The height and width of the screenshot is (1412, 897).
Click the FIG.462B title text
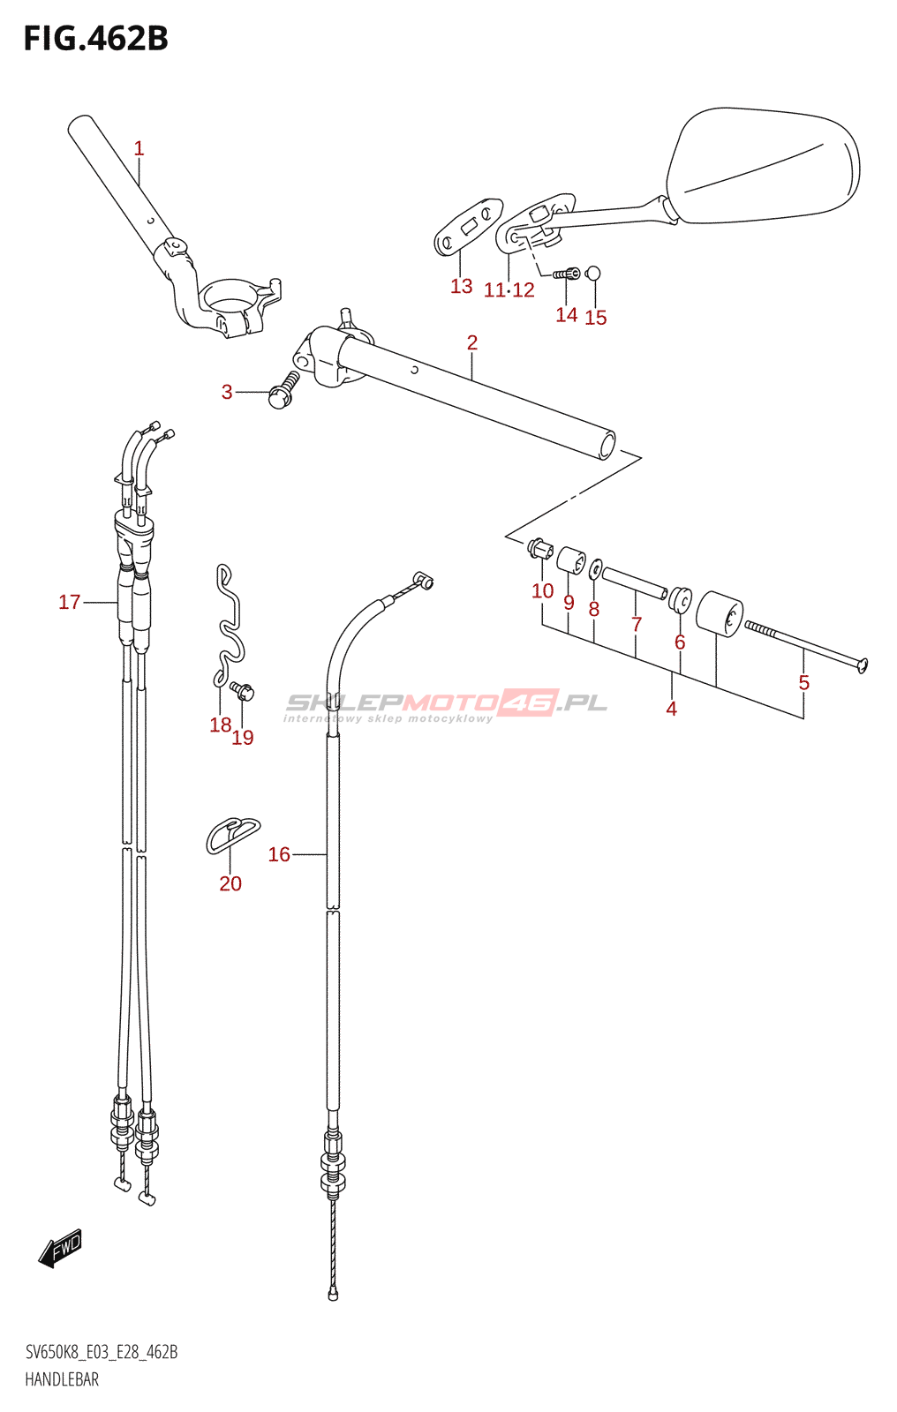click(95, 39)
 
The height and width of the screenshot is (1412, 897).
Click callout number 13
click(461, 286)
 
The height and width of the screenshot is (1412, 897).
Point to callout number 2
click(472, 342)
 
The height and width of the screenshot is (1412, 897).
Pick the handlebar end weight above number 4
click(720, 612)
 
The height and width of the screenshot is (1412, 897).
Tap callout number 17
click(69, 602)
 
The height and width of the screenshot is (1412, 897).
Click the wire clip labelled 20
click(233, 834)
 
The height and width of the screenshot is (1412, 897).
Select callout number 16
click(279, 854)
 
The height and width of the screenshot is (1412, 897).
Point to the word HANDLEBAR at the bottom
click(62, 1379)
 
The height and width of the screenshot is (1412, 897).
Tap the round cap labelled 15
click(593, 273)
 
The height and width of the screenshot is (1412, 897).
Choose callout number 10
click(542, 590)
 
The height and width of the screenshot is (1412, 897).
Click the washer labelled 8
click(596, 569)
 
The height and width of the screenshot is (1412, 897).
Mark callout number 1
click(139, 148)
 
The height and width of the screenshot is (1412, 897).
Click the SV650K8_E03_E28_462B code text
click(102, 1352)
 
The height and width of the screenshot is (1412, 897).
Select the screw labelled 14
click(567, 274)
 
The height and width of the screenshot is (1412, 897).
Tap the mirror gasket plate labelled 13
click(468, 226)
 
